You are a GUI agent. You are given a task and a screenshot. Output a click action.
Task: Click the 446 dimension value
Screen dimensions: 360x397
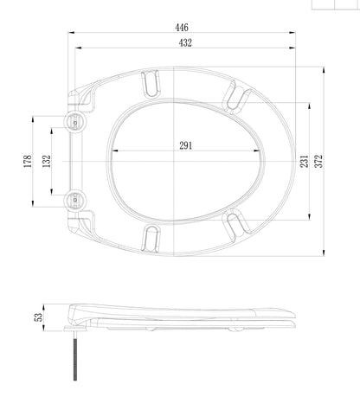tap(182, 28)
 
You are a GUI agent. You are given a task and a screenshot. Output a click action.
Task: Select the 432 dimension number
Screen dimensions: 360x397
tap(185, 42)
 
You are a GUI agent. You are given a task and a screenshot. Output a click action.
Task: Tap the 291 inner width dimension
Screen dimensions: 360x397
tap(186, 145)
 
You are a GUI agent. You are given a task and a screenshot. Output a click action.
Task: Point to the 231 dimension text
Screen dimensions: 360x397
tap(304, 161)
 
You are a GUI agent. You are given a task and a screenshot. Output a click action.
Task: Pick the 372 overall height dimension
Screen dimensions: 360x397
tap(318, 161)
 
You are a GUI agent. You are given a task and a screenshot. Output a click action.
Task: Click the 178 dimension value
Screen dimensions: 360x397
tap(28, 162)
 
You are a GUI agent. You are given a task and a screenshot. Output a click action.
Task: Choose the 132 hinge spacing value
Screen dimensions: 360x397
tap(47, 162)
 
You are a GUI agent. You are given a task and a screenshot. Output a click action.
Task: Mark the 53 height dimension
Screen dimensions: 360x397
tap(38, 317)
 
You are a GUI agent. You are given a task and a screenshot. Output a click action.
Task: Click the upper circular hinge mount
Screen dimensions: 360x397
tap(74, 122)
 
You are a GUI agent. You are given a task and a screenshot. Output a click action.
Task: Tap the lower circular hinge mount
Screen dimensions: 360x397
tap(74, 199)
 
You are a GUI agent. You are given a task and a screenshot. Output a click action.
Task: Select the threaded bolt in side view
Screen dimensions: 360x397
tap(75, 356)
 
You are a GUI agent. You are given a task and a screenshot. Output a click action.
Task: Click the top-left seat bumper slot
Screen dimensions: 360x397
tap(151, 83)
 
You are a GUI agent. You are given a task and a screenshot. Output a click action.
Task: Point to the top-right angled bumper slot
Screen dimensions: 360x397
tap(237, 98)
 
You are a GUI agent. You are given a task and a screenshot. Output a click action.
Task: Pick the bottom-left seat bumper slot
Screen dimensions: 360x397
tap(151, 239)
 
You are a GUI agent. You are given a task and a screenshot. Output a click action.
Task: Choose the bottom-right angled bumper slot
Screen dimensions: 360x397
tap(237, 225)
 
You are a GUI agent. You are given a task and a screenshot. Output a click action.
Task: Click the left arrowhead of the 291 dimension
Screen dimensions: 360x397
tap(115, 150)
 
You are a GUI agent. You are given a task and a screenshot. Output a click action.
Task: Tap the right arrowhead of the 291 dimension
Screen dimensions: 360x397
tap(257, 150)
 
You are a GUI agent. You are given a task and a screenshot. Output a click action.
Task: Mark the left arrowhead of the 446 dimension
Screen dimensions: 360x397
tap(71, 33)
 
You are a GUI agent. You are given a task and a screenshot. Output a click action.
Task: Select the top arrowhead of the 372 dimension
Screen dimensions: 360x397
tap(324, 70)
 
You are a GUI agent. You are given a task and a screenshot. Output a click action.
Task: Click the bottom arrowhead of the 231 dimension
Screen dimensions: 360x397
tap(310, 217)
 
